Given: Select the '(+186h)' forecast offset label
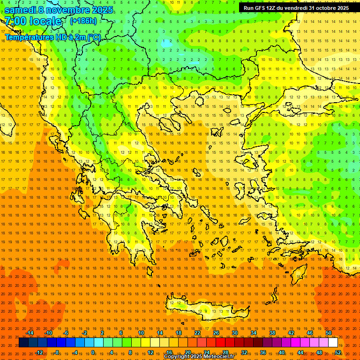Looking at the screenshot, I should (83, 21).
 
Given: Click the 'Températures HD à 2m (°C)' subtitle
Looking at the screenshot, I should (52, 37).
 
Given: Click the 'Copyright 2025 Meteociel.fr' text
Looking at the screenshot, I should (199, 357).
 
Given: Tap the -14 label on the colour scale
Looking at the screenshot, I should (30, 333).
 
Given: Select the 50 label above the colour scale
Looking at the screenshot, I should (329, 333).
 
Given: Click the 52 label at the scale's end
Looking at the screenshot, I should (338, 352).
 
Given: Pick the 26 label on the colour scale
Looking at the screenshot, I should (216, 333).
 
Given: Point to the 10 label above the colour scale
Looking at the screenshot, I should (141, 333).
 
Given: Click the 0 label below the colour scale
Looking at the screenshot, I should (93, 352).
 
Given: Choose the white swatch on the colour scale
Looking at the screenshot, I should (333, 343).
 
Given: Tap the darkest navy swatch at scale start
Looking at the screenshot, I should (23, 343).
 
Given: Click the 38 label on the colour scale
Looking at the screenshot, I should (272, 333).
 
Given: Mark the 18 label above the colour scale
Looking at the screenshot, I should (179, 333).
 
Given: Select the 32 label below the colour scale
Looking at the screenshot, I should (244, 352).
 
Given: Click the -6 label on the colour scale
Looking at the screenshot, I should (66, 333).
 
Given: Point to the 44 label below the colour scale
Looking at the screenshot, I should (300, 352).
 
